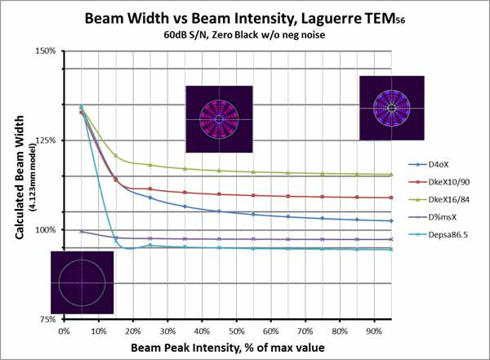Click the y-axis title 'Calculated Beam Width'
pos(18,183)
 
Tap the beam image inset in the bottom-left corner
pos(81,282)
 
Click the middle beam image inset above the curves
pos(218,119)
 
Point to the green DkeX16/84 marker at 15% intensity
pos(116,156)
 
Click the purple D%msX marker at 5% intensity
pos(82,231)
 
